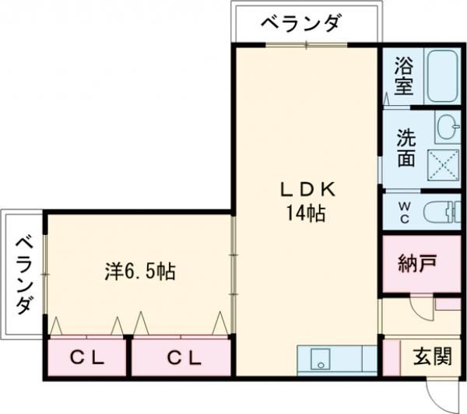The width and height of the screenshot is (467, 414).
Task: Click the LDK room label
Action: pos(308,189)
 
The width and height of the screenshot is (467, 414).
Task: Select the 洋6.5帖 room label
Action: pos(140,272)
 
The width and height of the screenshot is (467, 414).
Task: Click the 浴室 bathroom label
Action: pos(404,75)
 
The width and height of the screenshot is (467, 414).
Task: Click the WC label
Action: pos(405,211)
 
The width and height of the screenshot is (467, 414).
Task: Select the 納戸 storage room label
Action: pos(416,263)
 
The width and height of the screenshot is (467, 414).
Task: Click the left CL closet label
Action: pos(87,359)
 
